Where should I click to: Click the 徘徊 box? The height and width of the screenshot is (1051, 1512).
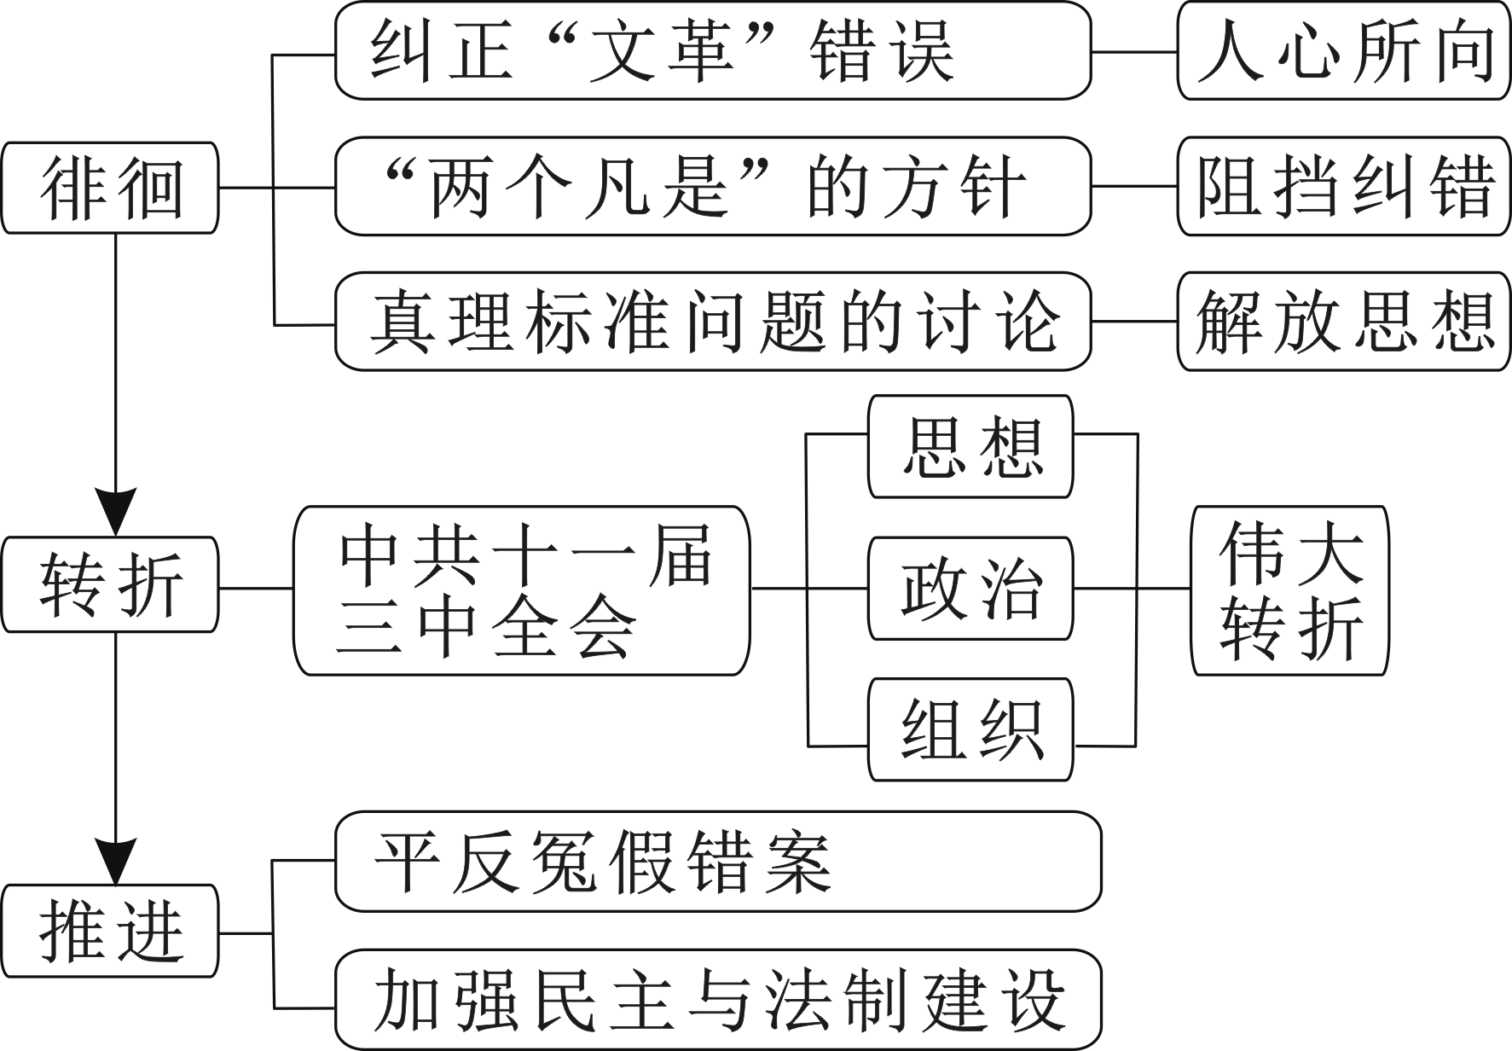click(x=110, y=188)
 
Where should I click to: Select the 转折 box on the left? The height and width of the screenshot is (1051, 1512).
click(x=110, y=585)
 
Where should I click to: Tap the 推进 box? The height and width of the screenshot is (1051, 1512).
click(x=110, y=931)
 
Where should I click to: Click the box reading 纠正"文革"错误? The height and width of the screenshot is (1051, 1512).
click(x=713, y=51)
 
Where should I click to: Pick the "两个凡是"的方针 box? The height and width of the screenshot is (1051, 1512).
click(x=713, y=186)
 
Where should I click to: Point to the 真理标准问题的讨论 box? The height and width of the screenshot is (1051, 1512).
click(x=713, y=322)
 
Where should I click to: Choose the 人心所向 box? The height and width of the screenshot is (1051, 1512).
click(x=1343, y=51)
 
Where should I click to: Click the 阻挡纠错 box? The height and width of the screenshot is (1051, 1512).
click(x=1343, y=186)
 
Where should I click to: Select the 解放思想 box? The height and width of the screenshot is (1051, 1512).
click(x=1343, y=322)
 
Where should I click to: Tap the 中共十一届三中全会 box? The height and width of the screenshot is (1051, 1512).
click(x=522, y=590)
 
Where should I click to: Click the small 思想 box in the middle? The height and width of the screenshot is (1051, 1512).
click(x=970, y=446)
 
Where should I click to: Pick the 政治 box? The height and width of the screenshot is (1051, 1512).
click(x=970, y=588)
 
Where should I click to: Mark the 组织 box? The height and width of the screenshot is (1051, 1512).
click(x=970, y=729)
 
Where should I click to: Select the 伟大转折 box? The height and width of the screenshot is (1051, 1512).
click(x=1289, y=590)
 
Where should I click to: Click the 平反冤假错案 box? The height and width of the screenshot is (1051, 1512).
click(x=718, y=862)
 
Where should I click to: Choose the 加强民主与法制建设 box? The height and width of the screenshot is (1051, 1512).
click(x=718, y=1000)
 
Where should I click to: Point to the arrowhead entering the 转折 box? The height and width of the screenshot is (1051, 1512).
click(x=114, y=512)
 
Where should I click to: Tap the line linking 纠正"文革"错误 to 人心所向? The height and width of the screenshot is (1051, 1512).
click(x=1134, y=52)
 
